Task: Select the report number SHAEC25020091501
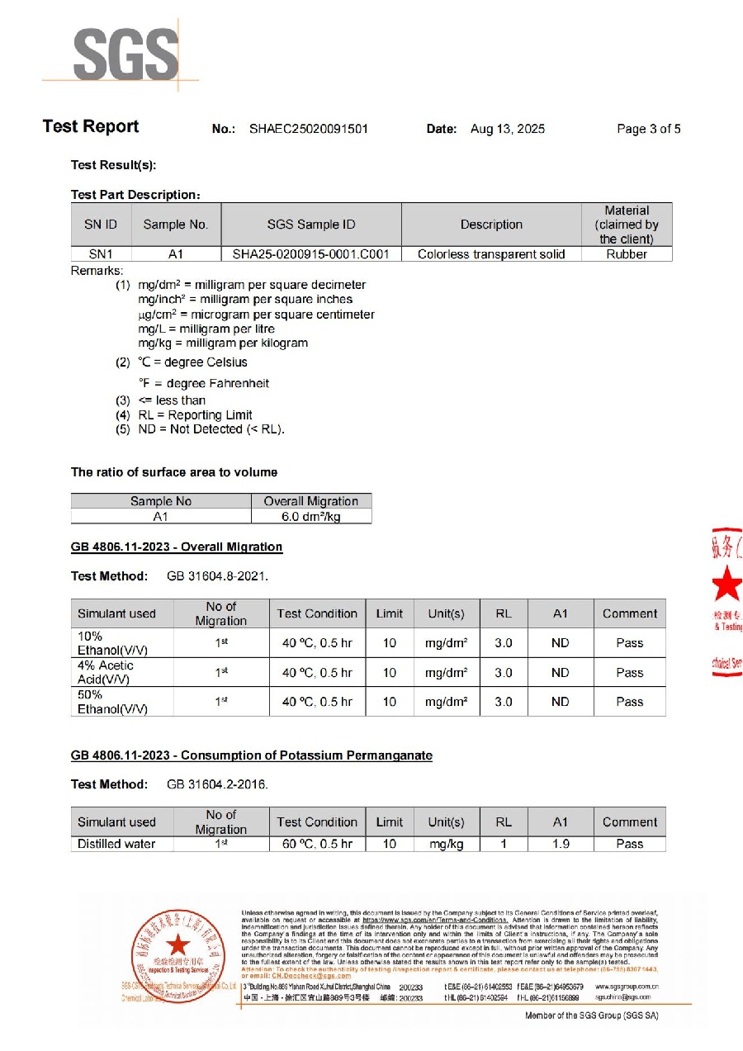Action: pyautogui.click(x=308, y=129)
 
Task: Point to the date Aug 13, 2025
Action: pyautogui.click(x=507, y=129)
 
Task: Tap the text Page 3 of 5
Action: pyautogui.click(x=648, y=129)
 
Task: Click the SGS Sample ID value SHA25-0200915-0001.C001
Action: pyautogui.click(x=311, y=254)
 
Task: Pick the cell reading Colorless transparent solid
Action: pyautogui.click(x=491, y=254)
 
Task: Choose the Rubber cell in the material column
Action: pyautogui.click(x=627, y=254)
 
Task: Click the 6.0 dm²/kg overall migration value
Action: pyautogui.click(x=310, y=516)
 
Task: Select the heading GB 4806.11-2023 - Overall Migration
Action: pyautogui.click(x=177, y=547)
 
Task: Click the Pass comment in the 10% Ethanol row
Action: pyautogui.click(x=629, y=642)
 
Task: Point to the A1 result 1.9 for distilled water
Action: pyautogui.click(x=560, y=844)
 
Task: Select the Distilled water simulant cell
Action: pyautogui.click(x=116, y=844)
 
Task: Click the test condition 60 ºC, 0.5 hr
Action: pyautogui.click(x=317, y=844)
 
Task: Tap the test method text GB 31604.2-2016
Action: pyautogui.click(x=217, y=784)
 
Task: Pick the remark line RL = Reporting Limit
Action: pyautogui.click(x=195, y=414)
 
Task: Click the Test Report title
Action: pyautogui.click(x=91, y=126)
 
